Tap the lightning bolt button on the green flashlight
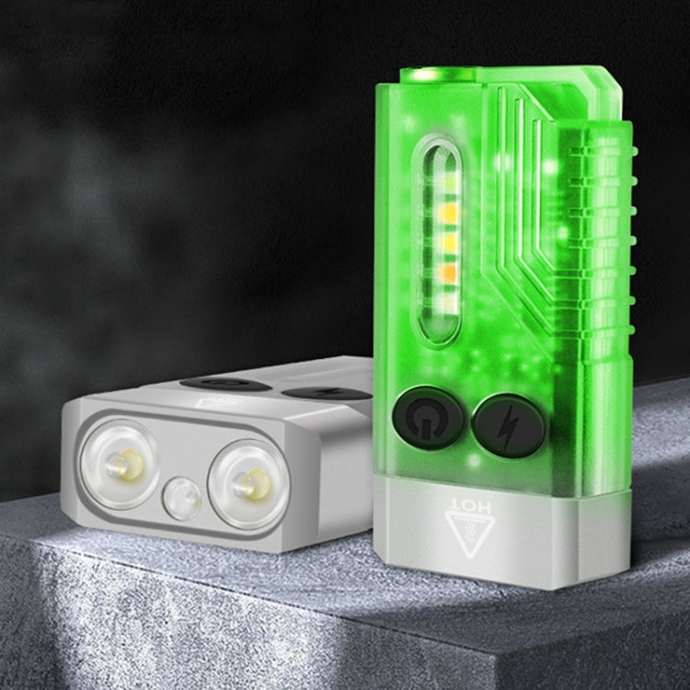coord(509,424)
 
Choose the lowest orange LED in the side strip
coord(443,273)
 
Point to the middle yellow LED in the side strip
coord(443,242)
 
